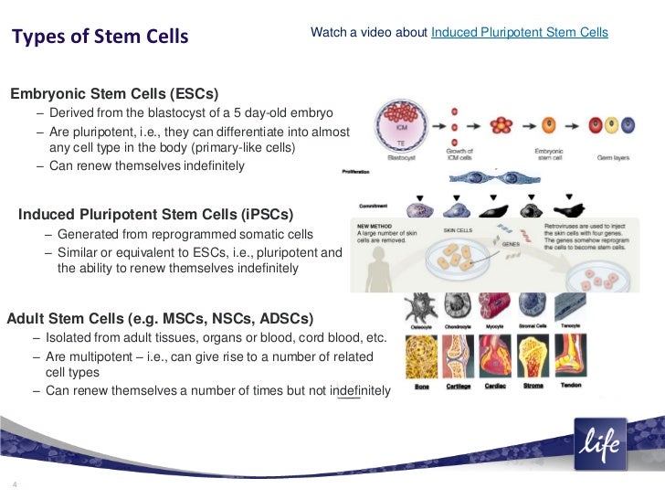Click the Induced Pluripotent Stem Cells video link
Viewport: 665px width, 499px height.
click(519, 33)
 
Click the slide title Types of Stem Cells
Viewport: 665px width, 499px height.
click(100, 37)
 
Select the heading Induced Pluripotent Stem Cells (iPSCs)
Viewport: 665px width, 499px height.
click(156, 215)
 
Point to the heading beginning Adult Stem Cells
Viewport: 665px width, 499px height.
click(160, 319)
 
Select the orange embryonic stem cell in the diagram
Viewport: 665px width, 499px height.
click(549, 123)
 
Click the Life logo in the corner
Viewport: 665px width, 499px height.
click(600, 443)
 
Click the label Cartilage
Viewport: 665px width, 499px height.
click(459, 385)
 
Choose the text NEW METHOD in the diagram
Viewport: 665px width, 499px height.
click(376, 225)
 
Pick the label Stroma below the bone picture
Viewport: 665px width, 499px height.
click(533, 385)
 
